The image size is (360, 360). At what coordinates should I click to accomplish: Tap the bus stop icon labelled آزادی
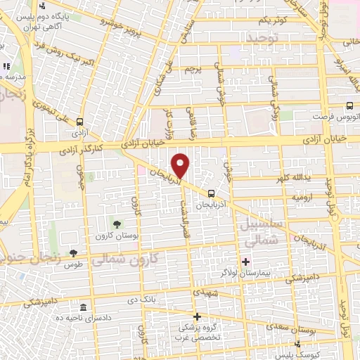click(79, 121)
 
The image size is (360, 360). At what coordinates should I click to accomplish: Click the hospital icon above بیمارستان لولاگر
click(245, 262)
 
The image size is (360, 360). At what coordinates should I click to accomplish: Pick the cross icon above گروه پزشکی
click(198, 317)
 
